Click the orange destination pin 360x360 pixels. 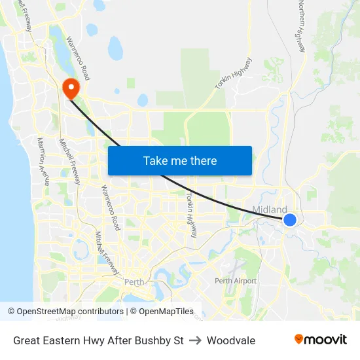point(68,88)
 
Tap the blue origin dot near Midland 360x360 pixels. point(290,220)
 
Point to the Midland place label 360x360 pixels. point(269,209)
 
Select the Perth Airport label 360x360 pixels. point(236,281)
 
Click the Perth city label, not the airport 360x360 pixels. point(134,282)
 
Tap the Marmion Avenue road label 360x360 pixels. point(43,161)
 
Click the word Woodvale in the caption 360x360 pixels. point(231,340)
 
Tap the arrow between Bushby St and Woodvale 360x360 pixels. point(195,340)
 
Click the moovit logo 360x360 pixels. point(321,340)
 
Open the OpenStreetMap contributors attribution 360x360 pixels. point(65,312)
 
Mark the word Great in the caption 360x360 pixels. point(27,340)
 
